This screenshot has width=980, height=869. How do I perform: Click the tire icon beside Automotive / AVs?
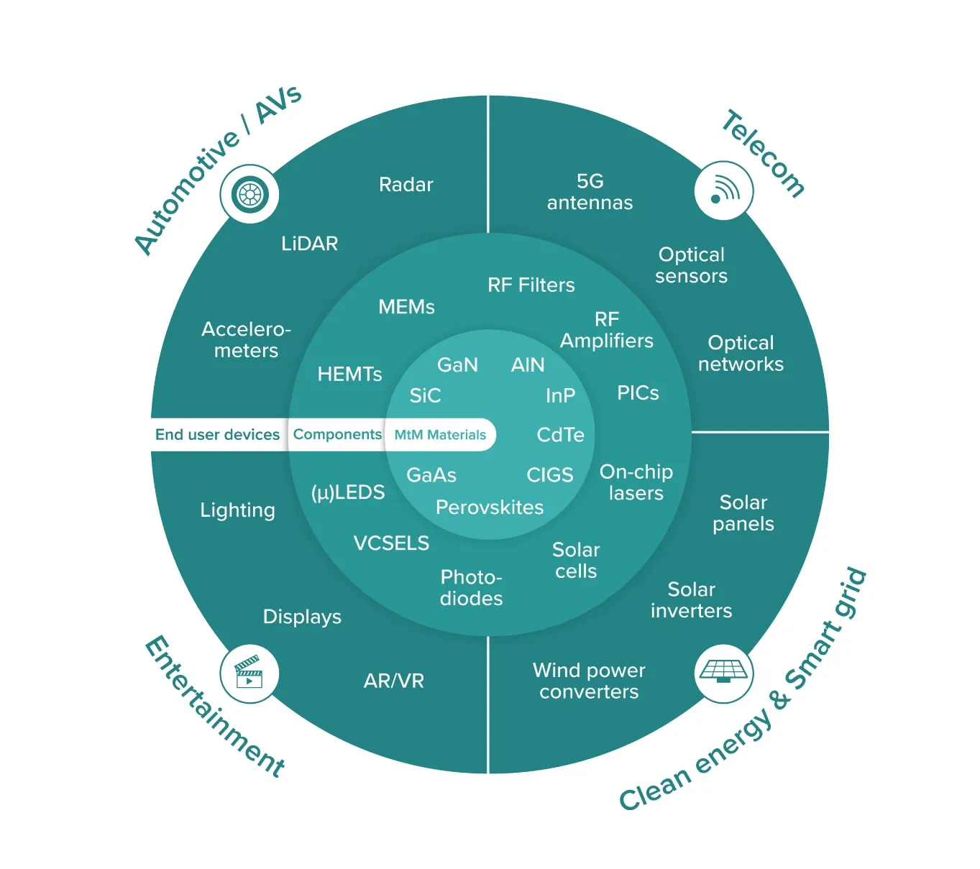coord(249,194)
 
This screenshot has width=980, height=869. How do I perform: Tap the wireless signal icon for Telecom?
coord(724,190)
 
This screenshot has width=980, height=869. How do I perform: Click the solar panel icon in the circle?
coord(723,671)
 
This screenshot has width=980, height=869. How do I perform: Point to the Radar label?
coord(406,184)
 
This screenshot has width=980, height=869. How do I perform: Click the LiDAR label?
coord(310,243)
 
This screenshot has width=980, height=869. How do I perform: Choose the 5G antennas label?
coord(590,192)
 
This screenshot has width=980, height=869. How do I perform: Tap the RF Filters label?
coord(531,285)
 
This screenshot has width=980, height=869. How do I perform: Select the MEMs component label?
coord(406,307)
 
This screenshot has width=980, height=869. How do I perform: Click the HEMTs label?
coord(349,374)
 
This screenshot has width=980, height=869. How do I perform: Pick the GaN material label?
coord(457,364)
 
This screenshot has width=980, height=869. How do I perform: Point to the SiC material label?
coord(425,395)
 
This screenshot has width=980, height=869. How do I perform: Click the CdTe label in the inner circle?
coord(561,435)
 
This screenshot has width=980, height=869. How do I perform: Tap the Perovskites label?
coord(490,507)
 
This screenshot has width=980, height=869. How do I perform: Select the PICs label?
coord(638,392)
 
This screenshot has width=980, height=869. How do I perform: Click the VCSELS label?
coord(391,543)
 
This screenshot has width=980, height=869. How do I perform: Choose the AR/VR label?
coord(394,681)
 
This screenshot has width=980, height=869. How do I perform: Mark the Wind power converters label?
coord(589,681)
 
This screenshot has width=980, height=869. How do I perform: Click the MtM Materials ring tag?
coord(440,435)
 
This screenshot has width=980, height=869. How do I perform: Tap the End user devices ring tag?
coord(217,434)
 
